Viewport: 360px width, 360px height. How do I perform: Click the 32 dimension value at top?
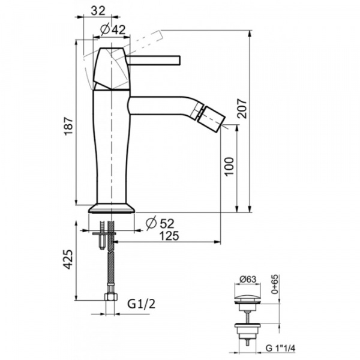pos(98,11)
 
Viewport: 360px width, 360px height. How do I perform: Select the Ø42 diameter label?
pos(113,29)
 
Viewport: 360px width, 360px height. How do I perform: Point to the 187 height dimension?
pos(68,126)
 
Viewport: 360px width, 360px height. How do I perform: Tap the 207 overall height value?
pos(242,109)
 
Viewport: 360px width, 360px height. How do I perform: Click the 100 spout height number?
pos(229,166)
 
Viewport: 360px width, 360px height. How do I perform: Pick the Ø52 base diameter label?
pos(160,223)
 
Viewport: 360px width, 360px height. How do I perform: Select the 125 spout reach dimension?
pos(169,236)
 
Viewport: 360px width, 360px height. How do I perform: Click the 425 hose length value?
pos(68,259)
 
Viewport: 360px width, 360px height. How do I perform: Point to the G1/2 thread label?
pos(142,304)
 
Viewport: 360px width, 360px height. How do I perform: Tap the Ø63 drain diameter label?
pos(247,280)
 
